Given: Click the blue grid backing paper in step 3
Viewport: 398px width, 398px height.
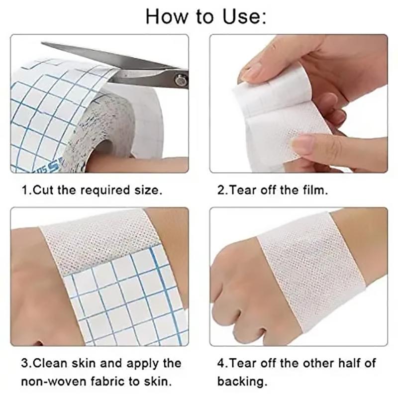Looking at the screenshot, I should pos(124,298).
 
